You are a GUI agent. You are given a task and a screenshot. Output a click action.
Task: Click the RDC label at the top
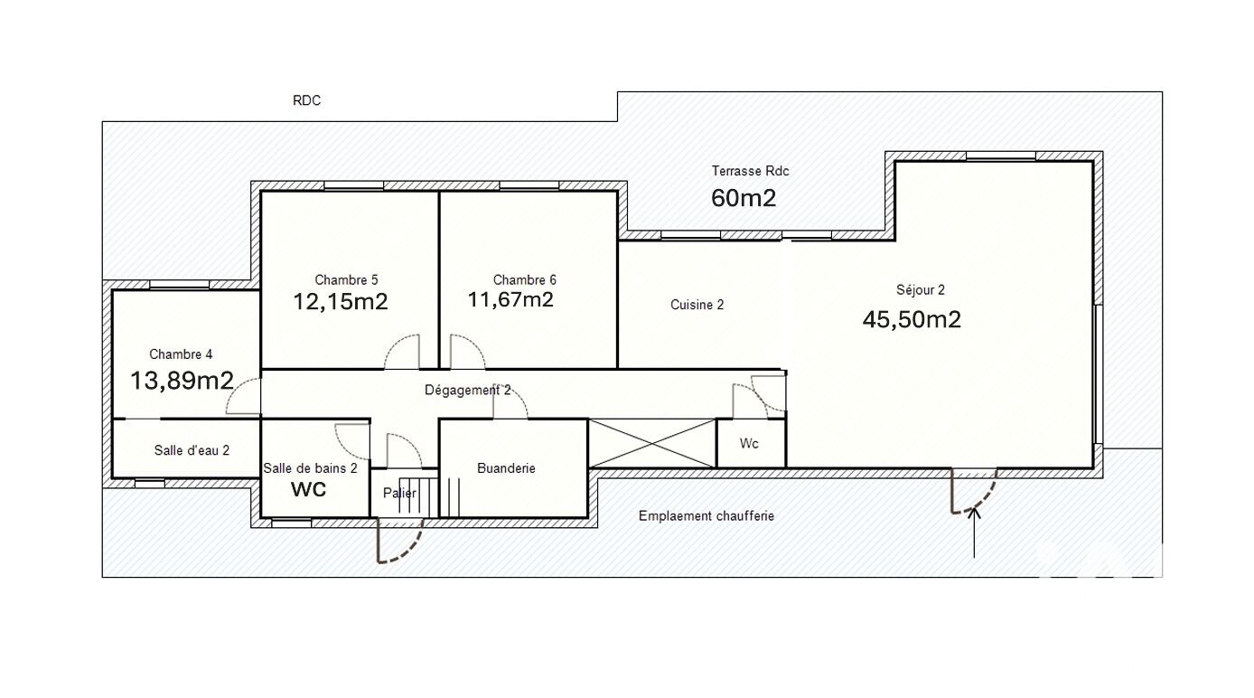click(x=307, y=101)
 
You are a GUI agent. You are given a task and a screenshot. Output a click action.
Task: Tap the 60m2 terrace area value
click(x=744, y=198)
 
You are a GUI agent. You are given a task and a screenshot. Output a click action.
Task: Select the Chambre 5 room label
click(x=346, y=279)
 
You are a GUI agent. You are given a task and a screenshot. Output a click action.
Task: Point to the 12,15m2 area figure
click(x=341, y=302)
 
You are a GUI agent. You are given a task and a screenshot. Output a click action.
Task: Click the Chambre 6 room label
click(x=525, y=279)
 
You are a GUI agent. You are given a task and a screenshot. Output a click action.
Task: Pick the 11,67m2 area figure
click(x=510, y=299)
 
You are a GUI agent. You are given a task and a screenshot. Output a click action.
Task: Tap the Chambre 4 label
click(x=181, y=354)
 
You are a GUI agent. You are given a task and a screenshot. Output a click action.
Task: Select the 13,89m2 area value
click(x=182, y=381)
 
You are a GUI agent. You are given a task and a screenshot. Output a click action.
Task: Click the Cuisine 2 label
click(x=697, y=305)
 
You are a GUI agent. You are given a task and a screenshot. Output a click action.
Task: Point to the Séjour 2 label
click(x=921, y=289)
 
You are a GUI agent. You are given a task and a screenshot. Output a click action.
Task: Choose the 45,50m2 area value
click(x=912, y=319)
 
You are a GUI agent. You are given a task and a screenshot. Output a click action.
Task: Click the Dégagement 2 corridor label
click(x=467, y=390)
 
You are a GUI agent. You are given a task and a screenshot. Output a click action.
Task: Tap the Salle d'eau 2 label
click(x=192, y=450)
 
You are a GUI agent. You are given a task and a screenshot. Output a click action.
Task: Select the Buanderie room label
click(x=506, y=468)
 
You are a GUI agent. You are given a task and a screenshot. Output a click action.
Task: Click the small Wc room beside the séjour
click(x=749, y=444)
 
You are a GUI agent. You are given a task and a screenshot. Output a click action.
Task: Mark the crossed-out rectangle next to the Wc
click(x=652, y=443)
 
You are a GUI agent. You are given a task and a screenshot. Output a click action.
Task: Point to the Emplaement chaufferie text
click(x=707, y=516)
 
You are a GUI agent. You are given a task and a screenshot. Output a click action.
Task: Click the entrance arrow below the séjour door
click(x=974, y=533)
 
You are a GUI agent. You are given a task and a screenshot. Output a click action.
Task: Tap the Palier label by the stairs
click(x=399, y=493)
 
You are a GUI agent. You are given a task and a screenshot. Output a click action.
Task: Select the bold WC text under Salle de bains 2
click(x=308, y=490)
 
